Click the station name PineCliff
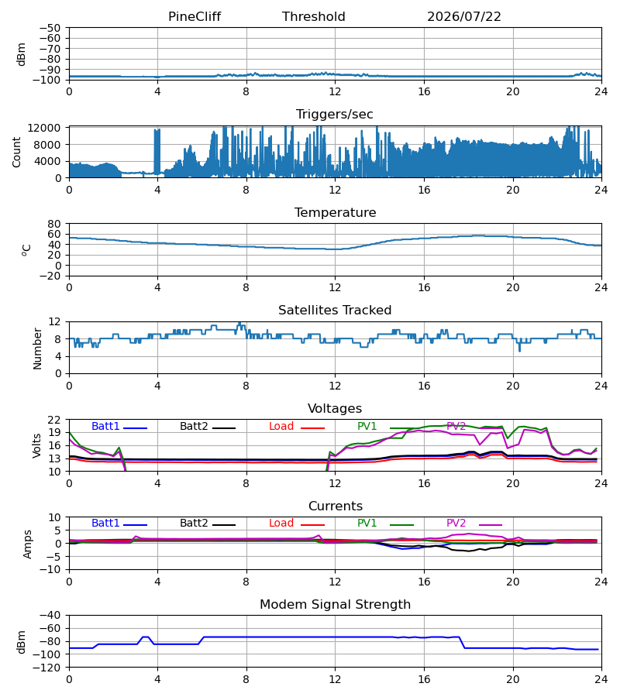click(x=195, y=17)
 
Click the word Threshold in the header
click(x=314, y=17)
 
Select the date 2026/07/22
click(x=464, y=17)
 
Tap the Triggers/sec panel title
click(x=335, y=115)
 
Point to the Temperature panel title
click(x=335, y=212)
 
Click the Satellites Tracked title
click(x=335, y=311)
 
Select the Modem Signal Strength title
click(x=335, y=605)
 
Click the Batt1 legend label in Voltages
click(x=105, y=426)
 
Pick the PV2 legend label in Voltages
click(x=456, y=426)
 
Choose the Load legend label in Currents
click(x=281, y=524)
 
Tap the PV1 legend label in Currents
click(x=367, y=524)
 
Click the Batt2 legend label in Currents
click(x=194, y=524)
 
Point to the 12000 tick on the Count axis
click(x=44, y=128)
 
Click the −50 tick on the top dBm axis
click(x=50, y=28)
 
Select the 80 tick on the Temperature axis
click(x=54, y=224)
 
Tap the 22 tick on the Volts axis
click(x=54, y=420)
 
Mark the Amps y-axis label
click(x=27, y=544)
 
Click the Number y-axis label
click(x=37, y=348)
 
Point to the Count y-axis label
click(x=16, y=153)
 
